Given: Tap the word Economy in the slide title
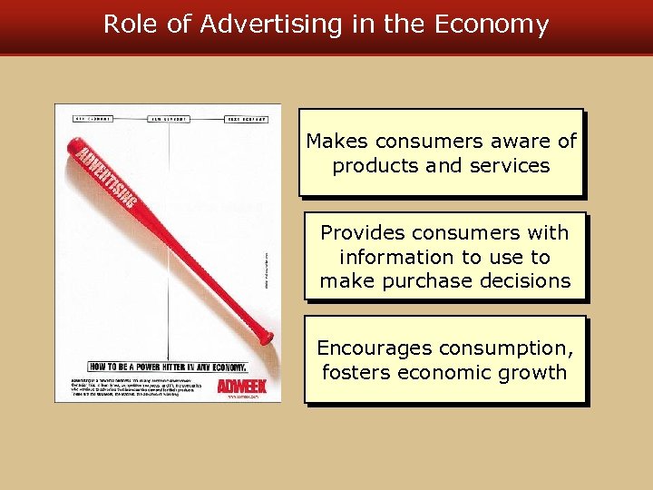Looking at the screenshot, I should pos(492,24).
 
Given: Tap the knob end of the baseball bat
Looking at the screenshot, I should pos(266,337).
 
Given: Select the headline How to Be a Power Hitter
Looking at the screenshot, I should pos(168,367).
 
